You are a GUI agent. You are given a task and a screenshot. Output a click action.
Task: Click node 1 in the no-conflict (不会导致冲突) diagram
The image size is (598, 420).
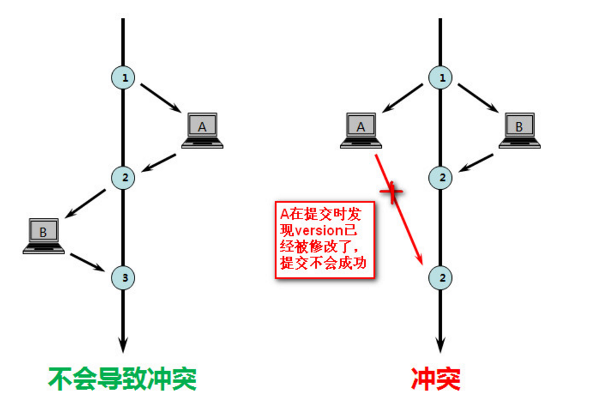pyautogui.click(x=123, y=78)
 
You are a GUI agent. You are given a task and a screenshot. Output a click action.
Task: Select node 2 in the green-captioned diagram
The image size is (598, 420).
pyautogui.click(x=123, y=178)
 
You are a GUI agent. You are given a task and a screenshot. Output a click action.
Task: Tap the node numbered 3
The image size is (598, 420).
pyautogui.click(x=123, y=277)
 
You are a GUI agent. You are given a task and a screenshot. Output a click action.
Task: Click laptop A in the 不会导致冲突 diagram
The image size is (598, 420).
pyautogui.click(x=202, y=130)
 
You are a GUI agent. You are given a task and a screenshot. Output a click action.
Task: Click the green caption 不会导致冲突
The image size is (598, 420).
pyautogui.click(x=123, y=379)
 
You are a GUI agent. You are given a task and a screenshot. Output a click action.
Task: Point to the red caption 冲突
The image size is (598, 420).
pyautogui.click(x=436, y=379)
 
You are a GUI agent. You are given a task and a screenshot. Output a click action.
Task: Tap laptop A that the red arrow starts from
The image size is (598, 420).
pyautogui.click(x=361, y=130)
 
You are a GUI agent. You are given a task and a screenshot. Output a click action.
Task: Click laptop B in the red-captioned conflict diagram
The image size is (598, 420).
pyautogui.click(x=519, y=130)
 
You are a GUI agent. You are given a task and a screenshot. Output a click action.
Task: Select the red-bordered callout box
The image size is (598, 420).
pyautogui.click(x=325, y=239)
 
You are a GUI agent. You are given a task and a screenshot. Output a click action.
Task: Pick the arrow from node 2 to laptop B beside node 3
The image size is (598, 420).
pyautogui.click(x=86, y=202)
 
